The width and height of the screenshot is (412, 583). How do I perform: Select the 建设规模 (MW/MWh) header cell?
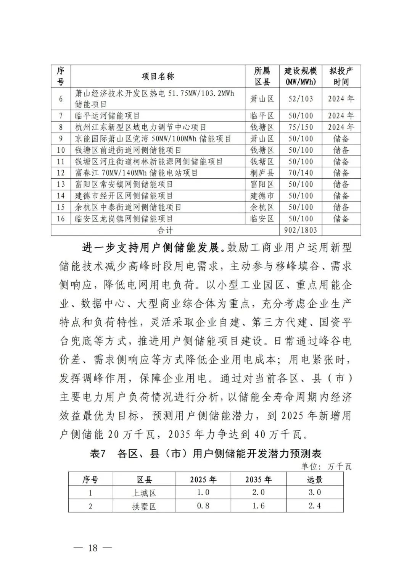pyautogui.click(x=301, y=76)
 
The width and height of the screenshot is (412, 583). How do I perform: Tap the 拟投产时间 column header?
pyautogui.click(x=341, y=76)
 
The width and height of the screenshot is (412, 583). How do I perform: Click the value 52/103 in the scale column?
pyautogui.click(x=301, y=99)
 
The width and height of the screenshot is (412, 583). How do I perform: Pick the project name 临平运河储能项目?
pyautogui.click(x=108, y=116)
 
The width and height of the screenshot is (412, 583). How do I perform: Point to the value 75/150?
pyautogui.click(x=301, y=127)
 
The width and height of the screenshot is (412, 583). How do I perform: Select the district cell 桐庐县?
pyautogui.click(x=262, y=173)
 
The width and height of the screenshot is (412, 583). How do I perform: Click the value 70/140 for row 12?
pyautogui.click(x=301, y=173)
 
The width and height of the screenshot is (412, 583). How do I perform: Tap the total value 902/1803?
pyautogui.click(x=301, y=230)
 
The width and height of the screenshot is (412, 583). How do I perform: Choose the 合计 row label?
pyautogui.click(x=165, y=230)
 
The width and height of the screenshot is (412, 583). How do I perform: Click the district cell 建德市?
pyautogui.click(x=262, y=196)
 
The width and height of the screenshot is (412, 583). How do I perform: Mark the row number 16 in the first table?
pyautogui.click(x=61, y=219)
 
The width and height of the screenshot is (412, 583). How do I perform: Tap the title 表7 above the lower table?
pyautogui.click(x=97, y=454)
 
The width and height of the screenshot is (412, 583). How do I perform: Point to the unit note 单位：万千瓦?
pyautogui.click(x=326, y=466)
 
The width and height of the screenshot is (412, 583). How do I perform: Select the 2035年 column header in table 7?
pyautogui.click(x=258, y=480)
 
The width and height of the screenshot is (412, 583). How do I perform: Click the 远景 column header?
pyautogui.click(x=315, y=480)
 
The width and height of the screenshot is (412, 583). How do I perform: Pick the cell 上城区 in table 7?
pyautogui.click(x=144, y=493)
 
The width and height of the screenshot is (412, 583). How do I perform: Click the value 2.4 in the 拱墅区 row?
pyautogui.click(x=315, y=506)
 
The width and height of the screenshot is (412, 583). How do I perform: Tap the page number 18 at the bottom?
pyautogui.click(x=93, y=548)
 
